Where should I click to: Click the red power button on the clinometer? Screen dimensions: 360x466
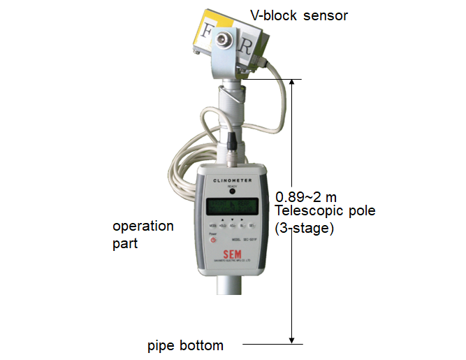214,240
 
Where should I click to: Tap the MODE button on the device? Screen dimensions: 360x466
212,226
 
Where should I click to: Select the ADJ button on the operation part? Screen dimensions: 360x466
233,226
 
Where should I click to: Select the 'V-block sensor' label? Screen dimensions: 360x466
299,15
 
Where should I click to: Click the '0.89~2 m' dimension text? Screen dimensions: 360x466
307,197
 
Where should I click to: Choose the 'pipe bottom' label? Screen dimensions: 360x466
186,345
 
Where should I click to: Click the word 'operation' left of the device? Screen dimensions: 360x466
143,226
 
